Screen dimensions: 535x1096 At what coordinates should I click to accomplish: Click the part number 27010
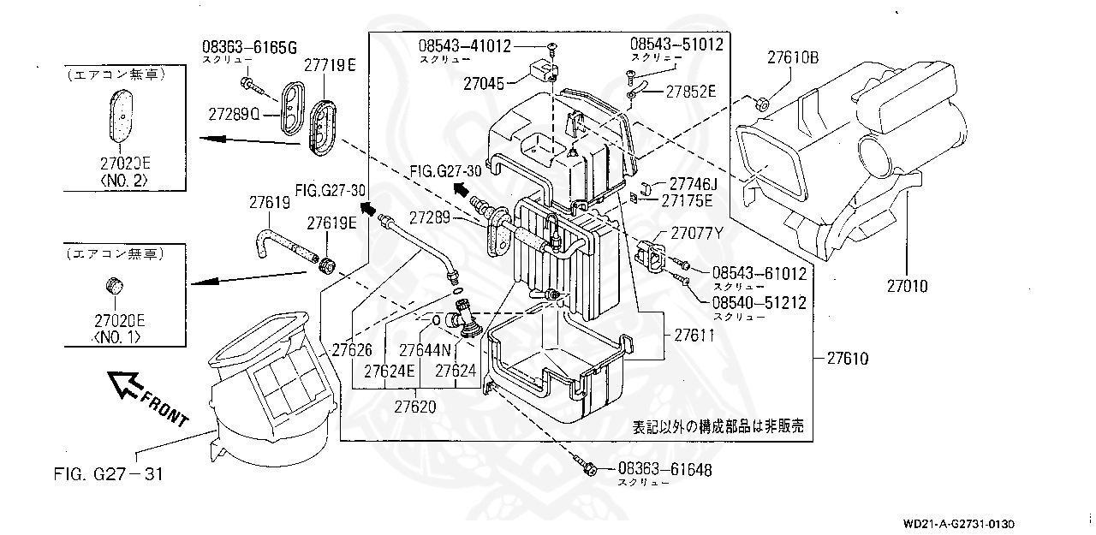[x=906, y=287]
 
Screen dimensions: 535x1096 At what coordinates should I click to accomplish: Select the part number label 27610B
[x=793, y=58]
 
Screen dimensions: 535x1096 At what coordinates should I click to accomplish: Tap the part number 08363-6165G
[x=249, y=46]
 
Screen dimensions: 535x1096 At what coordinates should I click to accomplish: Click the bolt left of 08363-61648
[x=588, y=468]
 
